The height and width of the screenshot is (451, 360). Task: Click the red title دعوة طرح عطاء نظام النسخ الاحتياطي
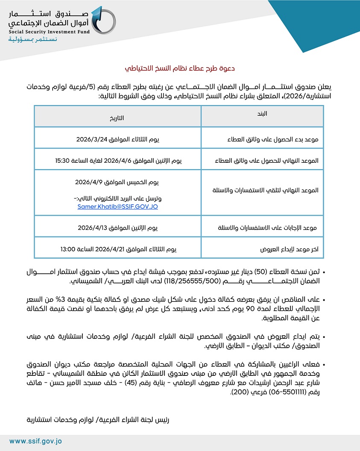pyautogui.click(x=180, y=68)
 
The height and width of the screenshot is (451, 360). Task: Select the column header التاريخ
pyautogui.click(x=117, y=118)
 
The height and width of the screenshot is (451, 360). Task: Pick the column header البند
pyautogui.click(x=262, y=114)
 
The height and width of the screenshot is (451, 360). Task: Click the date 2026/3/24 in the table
pyautogui.click(x=90, y=139)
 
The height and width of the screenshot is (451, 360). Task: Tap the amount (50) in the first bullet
pyautogui.click(x=262, y=272)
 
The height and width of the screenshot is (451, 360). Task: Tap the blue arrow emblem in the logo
pyautogui.click(x=102, y=20)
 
